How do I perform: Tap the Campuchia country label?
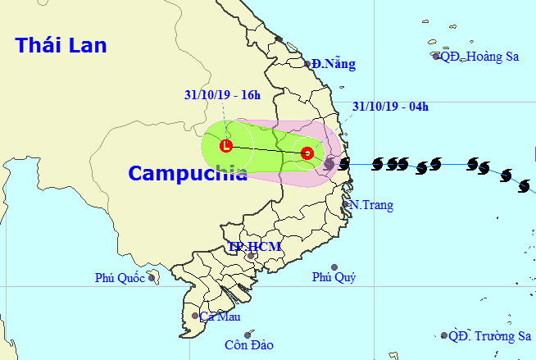click(176, 173)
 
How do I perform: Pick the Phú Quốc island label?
click(119, 279)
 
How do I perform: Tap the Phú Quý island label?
click(334, 277)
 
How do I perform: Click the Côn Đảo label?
click(249, 344)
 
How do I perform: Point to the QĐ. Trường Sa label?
click(490, 335)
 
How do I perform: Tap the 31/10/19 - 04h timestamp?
click(390, 106)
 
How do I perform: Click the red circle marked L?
click(227, 147)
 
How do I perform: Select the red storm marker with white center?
click(307, 153)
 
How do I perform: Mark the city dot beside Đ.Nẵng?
click(307, 63)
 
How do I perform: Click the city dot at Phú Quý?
click(334, 267)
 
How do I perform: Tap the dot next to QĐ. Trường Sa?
click(444, 335)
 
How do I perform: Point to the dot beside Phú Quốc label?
click(152, 278)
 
